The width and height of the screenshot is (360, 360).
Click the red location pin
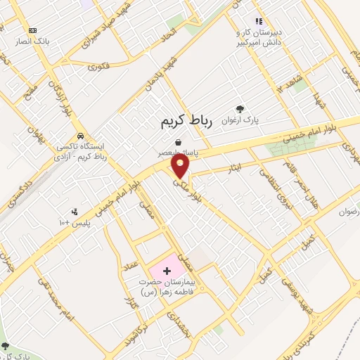(181, 166)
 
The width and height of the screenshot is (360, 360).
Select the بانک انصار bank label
(33, 41)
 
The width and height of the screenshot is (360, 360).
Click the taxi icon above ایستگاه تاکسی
(81, 135)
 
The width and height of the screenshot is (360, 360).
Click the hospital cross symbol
(167, 270)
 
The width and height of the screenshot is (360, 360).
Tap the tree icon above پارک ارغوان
(240, 109)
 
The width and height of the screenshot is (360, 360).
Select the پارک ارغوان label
(243, 121)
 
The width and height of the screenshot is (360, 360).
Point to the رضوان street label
(349, 212)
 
